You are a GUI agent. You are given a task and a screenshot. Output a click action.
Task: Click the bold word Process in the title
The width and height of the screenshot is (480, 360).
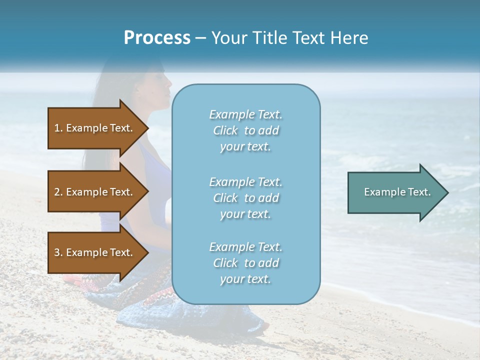click(x=157, y=38)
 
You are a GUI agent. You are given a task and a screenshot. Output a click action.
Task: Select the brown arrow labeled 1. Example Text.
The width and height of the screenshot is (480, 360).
click(x=95, y=128)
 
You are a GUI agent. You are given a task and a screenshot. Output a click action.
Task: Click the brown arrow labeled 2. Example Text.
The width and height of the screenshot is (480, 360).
click(x=95, y=192)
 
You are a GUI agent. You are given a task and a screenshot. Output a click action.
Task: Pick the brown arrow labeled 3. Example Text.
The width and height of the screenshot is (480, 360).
click(x=95, y=252)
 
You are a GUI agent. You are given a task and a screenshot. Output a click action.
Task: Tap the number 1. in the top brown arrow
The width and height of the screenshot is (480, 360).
click(x=58, y=128)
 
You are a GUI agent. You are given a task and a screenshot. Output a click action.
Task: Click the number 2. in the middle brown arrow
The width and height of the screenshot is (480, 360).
click(x=58, y=192)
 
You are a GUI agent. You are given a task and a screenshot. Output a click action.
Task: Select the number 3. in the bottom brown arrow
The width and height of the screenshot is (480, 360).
click(x=58, y=252)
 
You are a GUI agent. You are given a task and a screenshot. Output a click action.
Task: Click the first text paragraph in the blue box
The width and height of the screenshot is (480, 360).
click(x=245, y=130)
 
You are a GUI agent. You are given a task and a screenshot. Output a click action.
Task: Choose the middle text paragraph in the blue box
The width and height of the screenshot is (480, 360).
click(x=245, y=198)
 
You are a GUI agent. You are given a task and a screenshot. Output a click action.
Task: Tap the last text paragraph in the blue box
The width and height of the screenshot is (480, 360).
click(x=245, y=263)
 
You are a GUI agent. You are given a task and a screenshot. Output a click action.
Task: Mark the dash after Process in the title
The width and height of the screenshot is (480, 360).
click(x=200, y=38)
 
